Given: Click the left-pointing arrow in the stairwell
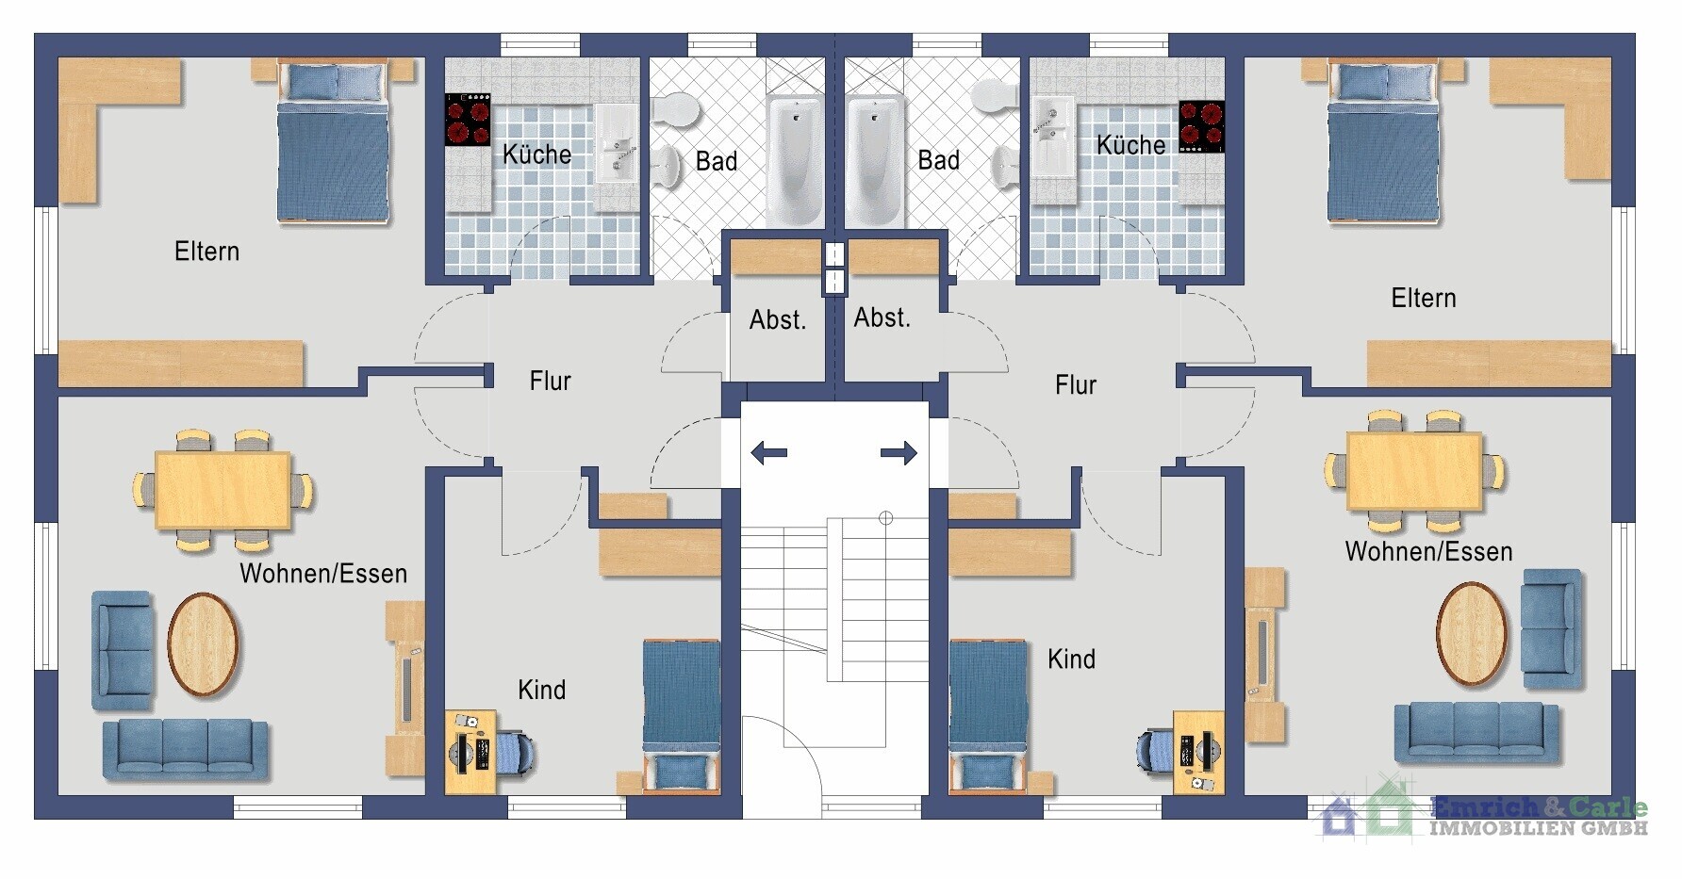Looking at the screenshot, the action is coord(768,453).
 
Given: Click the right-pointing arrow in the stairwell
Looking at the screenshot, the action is coord(899,453).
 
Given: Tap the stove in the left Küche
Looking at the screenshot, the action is coord(468,120).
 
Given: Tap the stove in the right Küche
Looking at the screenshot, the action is coord(1202,127).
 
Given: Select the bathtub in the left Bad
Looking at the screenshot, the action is coord(795,160).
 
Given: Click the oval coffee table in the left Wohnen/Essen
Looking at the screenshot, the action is coord(203,644).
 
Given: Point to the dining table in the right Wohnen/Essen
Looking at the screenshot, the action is coord(1414,471).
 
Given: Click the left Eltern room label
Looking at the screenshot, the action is coord(206,252).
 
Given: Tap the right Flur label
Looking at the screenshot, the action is coord(1076,384).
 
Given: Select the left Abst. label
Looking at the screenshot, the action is coord(778,320).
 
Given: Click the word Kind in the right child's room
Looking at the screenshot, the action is coord(1072,659).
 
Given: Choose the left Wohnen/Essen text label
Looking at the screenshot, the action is coord(323,574).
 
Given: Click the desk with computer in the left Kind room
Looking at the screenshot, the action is coord(470,752).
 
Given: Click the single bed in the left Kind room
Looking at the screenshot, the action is coord(682,717).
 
